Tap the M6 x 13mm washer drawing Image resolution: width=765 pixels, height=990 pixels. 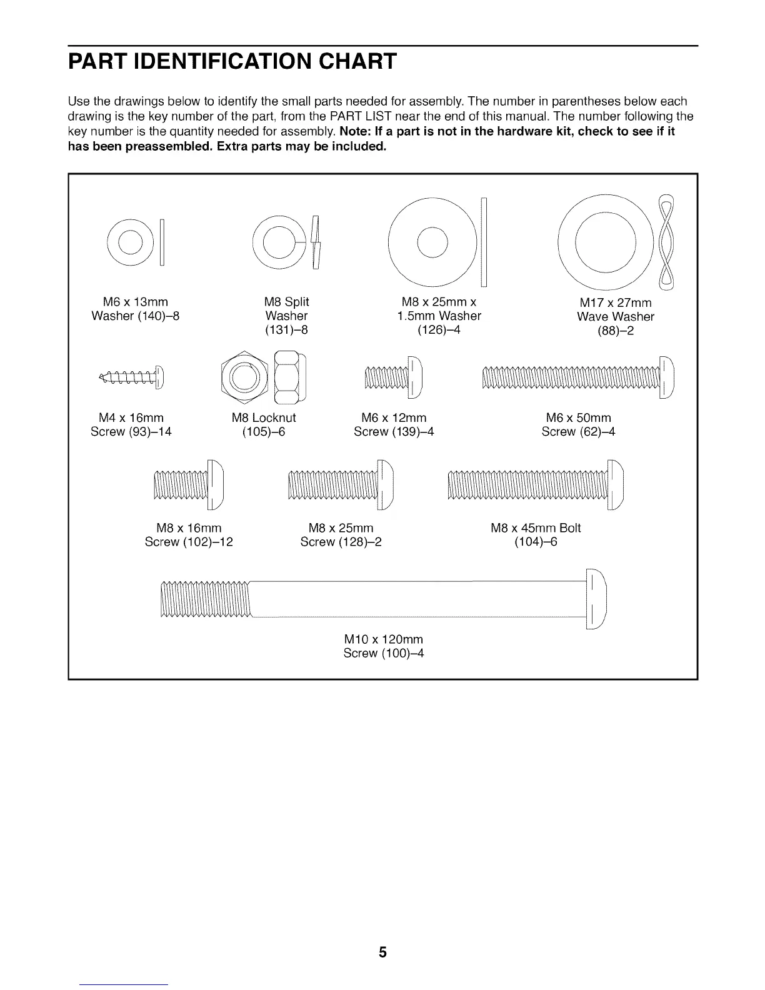click(127, 242)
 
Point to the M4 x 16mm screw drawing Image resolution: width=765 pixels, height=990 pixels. click(132, 376)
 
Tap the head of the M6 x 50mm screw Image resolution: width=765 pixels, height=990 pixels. click(667, 376)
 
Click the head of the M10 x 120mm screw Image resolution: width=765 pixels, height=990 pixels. click(596, 599)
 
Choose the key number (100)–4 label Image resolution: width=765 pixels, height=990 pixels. click(384, 654)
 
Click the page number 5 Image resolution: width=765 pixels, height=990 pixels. click(382, 952)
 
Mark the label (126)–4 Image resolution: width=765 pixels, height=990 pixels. click(439, 329)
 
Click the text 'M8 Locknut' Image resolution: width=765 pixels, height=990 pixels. click(264, 417)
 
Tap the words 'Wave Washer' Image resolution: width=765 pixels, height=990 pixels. click(615, 317)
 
